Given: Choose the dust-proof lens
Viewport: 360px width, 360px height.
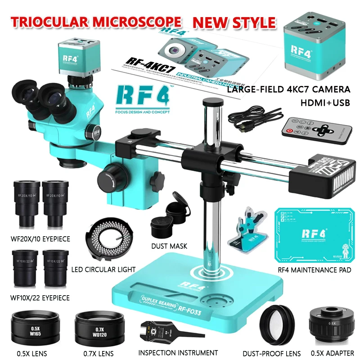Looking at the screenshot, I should click(x=278, y=322).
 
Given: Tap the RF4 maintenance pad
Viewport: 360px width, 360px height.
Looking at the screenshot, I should click(x=312, y=236).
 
